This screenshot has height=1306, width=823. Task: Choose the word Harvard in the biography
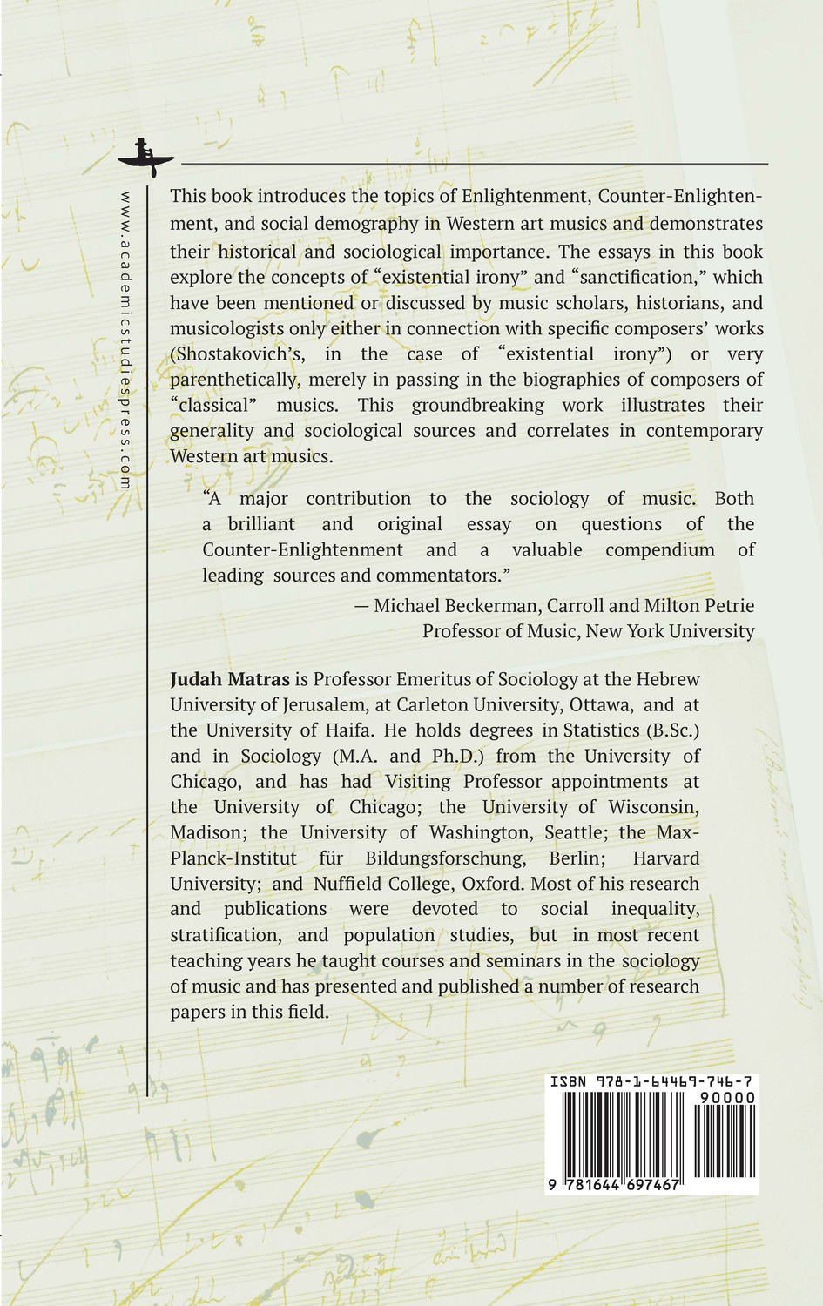point(665,858)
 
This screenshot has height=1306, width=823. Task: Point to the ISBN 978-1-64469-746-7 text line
point(651,1081)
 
